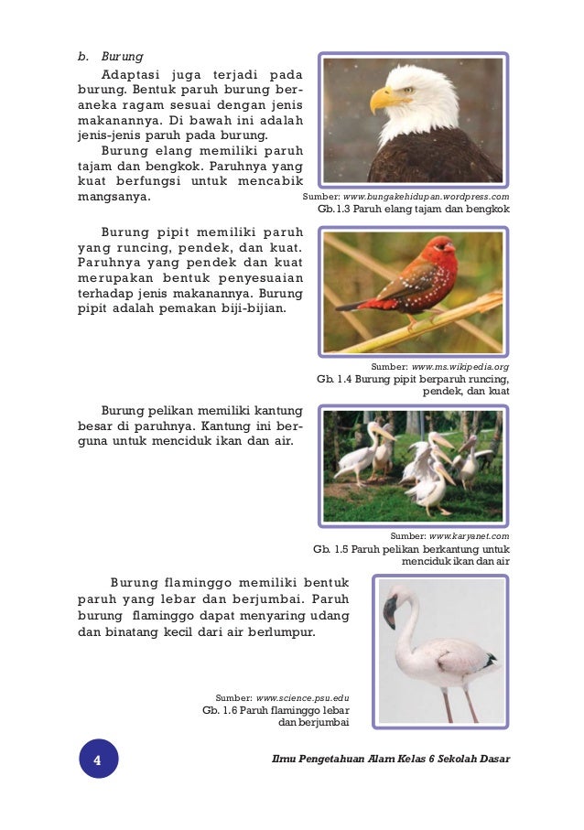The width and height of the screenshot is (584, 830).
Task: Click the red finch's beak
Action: click(452, 247)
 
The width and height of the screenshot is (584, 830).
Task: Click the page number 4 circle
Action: click(98, 760)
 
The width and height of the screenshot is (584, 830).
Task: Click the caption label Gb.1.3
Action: click(335, 210)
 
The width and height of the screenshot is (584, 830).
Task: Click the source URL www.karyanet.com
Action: click(470, 535)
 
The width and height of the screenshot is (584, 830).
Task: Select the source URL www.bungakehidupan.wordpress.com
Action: click(427, 197)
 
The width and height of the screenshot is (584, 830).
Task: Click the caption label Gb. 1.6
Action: click(220, 710)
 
